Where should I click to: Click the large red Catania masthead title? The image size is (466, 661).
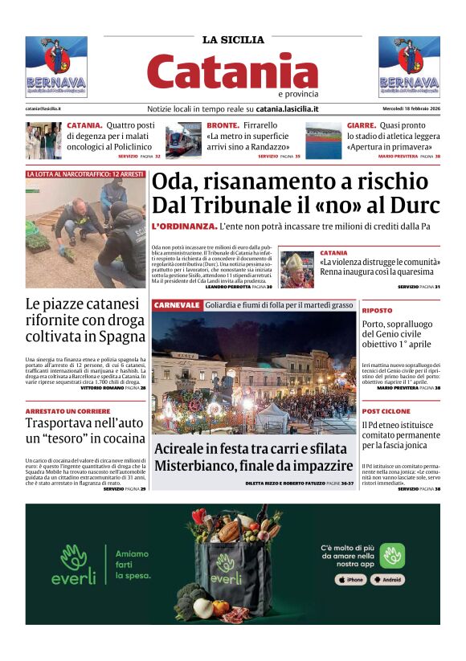tap(232, 71)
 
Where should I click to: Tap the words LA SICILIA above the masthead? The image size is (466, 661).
tap(232, 39)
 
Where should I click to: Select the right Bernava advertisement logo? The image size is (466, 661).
tap(409, 67)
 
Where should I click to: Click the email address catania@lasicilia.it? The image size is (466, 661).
tap(43, 108)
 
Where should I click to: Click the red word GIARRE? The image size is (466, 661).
tap(361, 126)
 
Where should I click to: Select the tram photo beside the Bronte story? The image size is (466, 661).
tap(183, 140)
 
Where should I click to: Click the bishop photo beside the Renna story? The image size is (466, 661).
tap(296, 269)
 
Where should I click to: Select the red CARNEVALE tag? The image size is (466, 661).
tap(177, 305)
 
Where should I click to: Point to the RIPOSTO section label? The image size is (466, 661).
tap(377, 310)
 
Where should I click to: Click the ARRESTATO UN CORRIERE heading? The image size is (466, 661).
tap(64, 410)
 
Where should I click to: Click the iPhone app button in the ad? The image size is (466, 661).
tap(350, 579)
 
